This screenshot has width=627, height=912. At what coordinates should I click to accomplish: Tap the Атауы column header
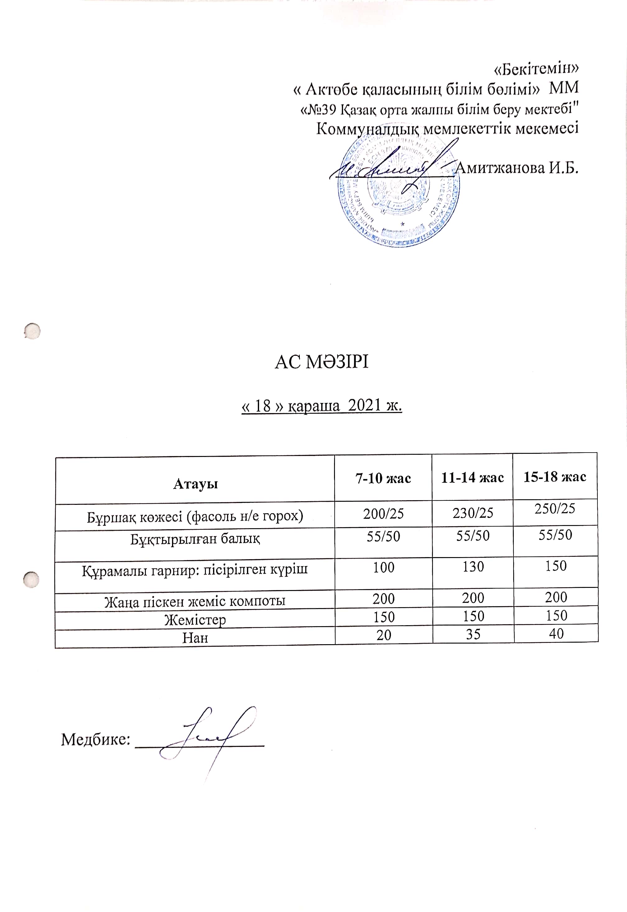click(195, 484)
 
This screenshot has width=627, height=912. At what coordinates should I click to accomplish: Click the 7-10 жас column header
click(383, 478)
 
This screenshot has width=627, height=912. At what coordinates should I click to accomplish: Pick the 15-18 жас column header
click(555, 477)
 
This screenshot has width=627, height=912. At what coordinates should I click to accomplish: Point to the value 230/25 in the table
click(473, 513)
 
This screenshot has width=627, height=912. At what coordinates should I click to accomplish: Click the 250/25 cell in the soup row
click(555, 509)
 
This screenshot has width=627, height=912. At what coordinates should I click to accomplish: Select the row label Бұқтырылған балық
click(195, 539)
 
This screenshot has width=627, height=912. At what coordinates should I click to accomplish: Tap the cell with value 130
click(473, 567)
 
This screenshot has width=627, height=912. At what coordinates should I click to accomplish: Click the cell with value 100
click(383, 567)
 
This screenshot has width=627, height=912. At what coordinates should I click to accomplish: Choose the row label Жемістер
click(195, 620)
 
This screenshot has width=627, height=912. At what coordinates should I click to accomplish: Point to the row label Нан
click(195, 637)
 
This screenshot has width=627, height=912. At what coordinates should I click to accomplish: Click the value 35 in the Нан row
click(473, 635)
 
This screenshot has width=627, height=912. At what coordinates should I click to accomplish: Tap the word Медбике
click(95, 739)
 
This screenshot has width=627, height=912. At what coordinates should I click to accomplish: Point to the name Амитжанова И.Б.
click(517, 168)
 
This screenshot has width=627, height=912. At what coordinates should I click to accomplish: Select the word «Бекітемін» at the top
click(536, 68)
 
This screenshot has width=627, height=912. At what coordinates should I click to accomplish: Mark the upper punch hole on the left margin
click(32, 331)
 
